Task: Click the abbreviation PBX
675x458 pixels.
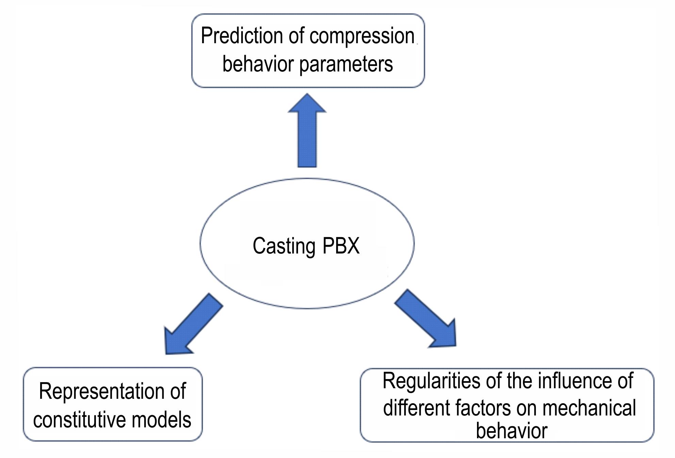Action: click(x=341, y=245)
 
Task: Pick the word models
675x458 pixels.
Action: click(x=161, y=420)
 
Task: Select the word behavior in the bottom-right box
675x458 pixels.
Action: click(x=511, y=430)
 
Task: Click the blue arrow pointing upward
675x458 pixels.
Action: click(x=307, y=130)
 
